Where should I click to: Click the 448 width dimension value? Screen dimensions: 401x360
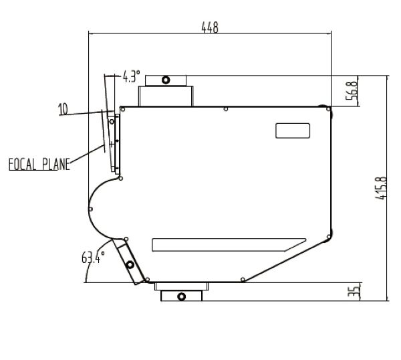point(210,27)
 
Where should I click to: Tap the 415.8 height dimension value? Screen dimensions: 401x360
point(381,188)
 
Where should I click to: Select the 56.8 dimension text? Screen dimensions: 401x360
point(352,90)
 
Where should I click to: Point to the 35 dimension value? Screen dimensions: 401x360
point(354,292)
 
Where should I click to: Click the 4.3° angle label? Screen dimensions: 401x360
point(132,76)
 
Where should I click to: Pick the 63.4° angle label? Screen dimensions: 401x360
point(93,258)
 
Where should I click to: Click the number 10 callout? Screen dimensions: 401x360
point(63,109)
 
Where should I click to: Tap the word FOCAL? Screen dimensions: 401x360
point(22,165)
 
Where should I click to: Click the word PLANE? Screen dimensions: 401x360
point(56,165)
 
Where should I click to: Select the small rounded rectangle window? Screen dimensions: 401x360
point(293,131)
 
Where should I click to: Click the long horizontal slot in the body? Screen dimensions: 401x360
point(229,245)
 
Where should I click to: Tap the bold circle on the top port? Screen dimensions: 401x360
point(166,80)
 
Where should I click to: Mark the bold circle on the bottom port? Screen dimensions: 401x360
point(182,296)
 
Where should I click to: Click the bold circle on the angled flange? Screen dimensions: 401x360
point(130,265)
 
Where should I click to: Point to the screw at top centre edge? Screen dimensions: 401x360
point(226,109)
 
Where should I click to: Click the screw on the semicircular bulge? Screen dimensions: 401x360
point(90,209)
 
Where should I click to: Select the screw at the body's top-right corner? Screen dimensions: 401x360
point(328,109)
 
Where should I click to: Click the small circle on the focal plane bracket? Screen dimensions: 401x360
point(112,122)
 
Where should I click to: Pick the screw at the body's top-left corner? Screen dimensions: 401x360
point(123,110)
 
